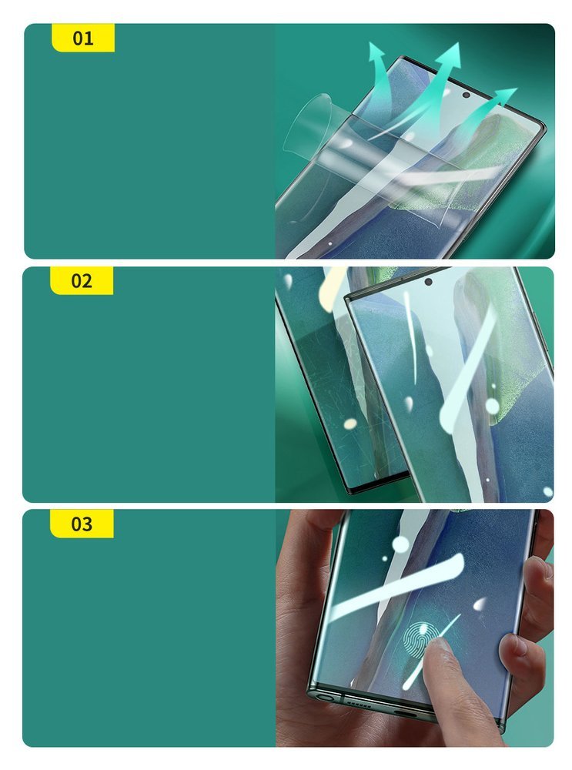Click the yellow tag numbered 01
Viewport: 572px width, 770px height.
click(82, 38)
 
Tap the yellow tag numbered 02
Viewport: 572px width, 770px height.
click(82, 281)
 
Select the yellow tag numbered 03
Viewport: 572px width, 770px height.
click(82, 524)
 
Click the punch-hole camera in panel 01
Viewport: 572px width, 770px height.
click(466, 95)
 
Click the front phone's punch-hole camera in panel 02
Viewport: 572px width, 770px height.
click(428, 282)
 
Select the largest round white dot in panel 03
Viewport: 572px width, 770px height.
click(400, 544)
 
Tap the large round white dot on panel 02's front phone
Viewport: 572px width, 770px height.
click(493, 405)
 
